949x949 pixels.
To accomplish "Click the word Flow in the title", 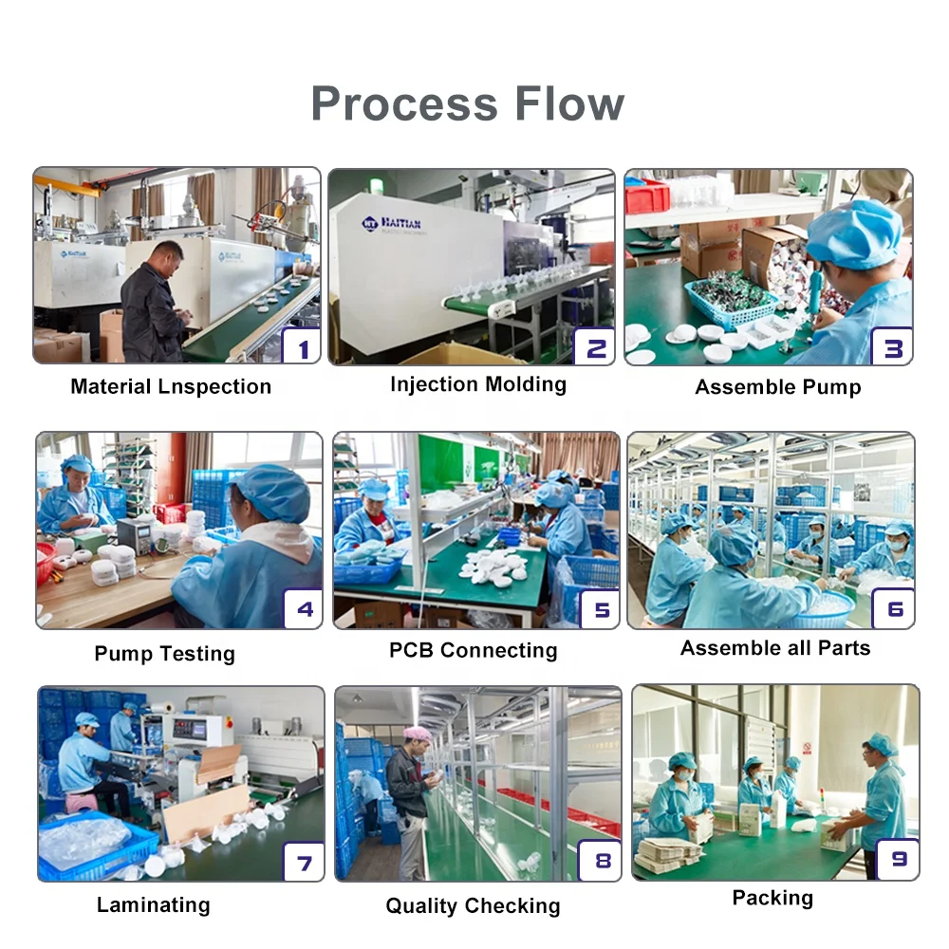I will pos(572,103).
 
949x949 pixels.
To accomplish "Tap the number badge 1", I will pos(303,348).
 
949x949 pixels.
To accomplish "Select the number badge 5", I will pos(601,608).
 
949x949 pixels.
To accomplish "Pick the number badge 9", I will pos(898,859).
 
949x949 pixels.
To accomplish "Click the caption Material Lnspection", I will pos(171,386).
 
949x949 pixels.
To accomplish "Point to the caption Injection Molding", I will pos(478,384).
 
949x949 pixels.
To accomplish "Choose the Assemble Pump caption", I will pos(778,387).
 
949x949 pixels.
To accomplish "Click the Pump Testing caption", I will pos(164,654).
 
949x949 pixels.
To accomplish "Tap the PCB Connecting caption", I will pos(474,651).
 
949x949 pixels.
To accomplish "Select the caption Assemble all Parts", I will pos(775,648).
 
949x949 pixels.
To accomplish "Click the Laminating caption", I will pos(153,904).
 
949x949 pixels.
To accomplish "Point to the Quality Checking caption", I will pos(473,906).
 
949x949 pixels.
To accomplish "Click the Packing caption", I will pos(772,898).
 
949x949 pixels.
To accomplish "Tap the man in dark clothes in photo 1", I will pos(154,304).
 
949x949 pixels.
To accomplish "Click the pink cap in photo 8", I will pos(417,733).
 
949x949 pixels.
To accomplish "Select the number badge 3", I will pos(892,347).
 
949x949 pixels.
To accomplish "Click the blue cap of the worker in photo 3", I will pos(854,233).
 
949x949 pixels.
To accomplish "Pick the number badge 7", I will pos(304,863).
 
